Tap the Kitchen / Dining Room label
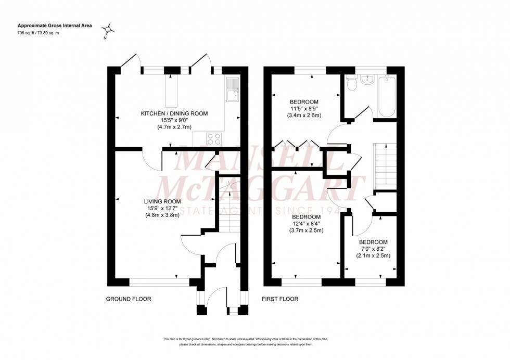pyautogui.click(x=174, y=113)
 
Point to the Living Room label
pyautogui.click(x=162, y=201)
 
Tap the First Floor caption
pyautogui.click(x=279, y=299)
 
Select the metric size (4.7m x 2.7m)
pyautogui.click(x=174, y=127)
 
